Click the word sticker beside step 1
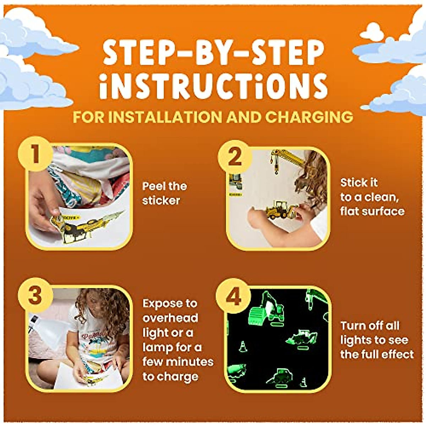click(161, 201)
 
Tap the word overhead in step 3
click(170, 318)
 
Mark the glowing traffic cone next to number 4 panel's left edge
click(243, 346)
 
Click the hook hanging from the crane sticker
click(276, 171)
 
